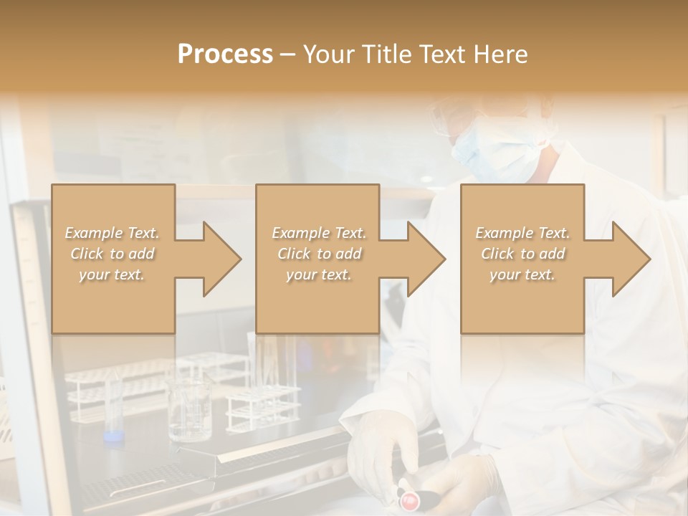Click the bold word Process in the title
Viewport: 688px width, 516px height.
pyautogui.click(x=225, y=54)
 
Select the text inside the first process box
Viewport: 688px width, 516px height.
pyautogui.click(x=113, y=254)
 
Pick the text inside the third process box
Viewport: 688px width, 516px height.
pyautogui.click(x=522, y=254)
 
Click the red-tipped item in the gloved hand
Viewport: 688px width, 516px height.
pyautogui.click(x=409, y=498)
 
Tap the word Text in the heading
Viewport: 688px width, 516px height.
pyautogui.click(x=441, y=54)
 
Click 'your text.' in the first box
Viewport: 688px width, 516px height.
pyautogui.click(x=113, y=274)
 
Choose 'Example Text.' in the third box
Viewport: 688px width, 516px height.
pyautogui.click(x=522, y=233)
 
